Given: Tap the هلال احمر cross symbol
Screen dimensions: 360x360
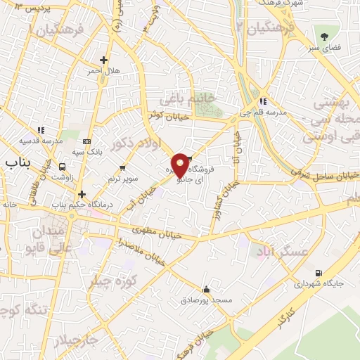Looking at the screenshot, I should pos(104,60).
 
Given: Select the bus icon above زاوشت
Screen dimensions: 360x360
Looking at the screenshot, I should pos(63,167).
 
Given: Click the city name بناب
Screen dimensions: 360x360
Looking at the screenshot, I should pos(19,163).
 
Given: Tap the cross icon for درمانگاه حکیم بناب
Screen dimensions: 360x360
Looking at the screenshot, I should pos(82,194).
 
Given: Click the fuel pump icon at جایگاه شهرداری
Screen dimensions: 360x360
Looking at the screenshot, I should pos(320,273).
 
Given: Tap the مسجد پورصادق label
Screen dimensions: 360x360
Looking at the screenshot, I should pos(208,300).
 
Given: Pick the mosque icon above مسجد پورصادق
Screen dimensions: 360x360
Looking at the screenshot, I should pos(206,289).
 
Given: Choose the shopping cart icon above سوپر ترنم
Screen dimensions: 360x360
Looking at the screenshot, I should pos(123,167).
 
